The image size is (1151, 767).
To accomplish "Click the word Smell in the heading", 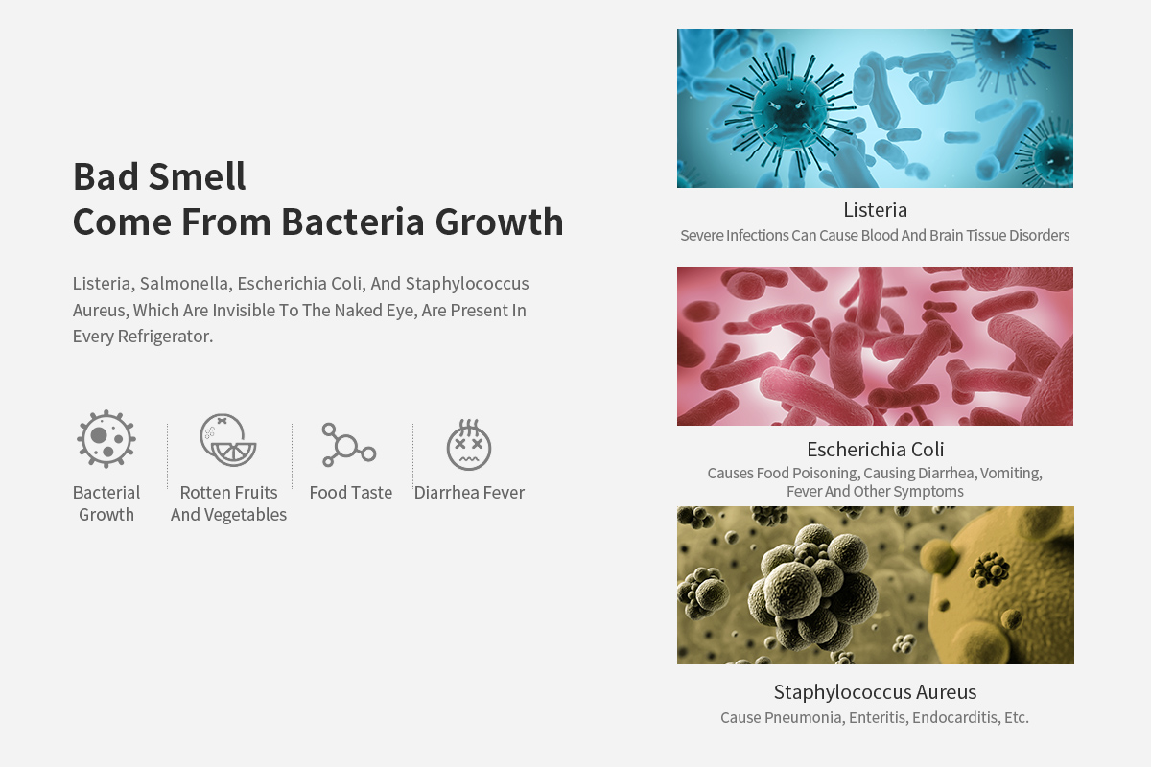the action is pos(197,176).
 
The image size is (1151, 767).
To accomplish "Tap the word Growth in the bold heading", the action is pos(499,221).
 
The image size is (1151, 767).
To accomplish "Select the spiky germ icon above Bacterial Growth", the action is pos(106,439).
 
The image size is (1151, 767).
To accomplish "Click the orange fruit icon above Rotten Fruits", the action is pos(228,440).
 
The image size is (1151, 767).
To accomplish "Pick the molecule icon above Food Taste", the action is pos(349,445).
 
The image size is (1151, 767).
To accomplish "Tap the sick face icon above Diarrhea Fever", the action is pos(469,445).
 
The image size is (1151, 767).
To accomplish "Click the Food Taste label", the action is pos(351,492).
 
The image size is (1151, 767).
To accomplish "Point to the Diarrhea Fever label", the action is pos(469,492).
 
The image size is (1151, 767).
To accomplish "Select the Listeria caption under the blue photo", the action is pos(875,210).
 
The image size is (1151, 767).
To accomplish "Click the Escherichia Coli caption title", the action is pos(875,449).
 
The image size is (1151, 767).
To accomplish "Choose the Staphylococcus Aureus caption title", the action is pos(875,692).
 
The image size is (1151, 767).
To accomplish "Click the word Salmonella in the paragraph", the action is pos(185,284).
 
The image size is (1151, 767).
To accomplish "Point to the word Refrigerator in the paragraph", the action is pos(165,337).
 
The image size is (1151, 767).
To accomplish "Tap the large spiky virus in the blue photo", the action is pos(787,110).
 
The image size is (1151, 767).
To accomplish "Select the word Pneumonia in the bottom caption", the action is pos(804,718).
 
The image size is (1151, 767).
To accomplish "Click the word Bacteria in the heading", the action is pos(353,221).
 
